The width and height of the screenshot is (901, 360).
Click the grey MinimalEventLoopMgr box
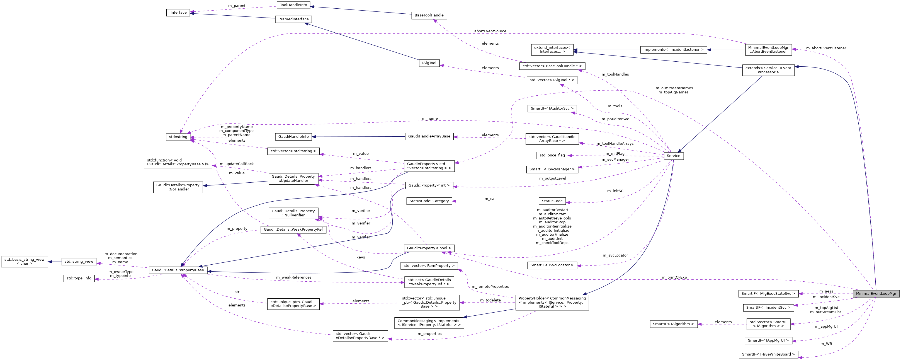(876, 294)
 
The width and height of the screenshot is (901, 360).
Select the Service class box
(673, 156)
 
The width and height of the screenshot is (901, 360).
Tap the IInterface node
(178, 13)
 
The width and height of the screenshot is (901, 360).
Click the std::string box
(178, 137)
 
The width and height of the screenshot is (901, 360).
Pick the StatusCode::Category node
(429, 201)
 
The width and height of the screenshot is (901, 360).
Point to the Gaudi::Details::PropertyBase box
(178, 270)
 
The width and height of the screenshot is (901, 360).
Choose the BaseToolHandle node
(429, 15)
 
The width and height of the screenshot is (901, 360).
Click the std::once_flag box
(552, 155)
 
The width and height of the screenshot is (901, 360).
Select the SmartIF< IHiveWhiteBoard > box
(768, 354)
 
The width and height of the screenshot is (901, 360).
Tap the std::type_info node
(79, 279)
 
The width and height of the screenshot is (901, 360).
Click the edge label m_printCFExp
(674, 277)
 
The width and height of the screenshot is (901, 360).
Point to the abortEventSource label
(490, 31)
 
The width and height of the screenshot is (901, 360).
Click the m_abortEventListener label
(826, 48)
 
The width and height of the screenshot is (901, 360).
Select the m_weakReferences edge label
(293, 277)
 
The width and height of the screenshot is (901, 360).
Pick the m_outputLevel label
(552, 178)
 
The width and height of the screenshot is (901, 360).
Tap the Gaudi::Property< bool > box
(429, 248)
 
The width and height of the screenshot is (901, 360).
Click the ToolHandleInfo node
(293, 5)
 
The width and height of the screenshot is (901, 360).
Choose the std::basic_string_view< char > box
(25, 261)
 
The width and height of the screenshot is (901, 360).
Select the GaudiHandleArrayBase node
(429, 136)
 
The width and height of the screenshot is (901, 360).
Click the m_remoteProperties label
(490, 287)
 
